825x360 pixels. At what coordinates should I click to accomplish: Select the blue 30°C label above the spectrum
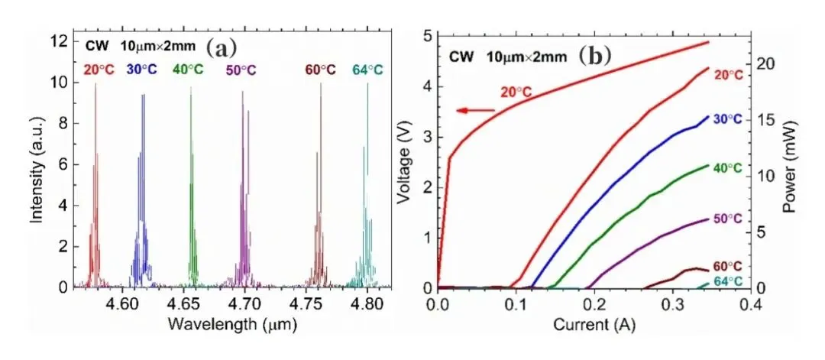[142, 70]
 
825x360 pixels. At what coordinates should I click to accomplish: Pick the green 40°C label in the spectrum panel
[188, 70]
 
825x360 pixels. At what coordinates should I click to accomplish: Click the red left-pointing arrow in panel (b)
[474, 111]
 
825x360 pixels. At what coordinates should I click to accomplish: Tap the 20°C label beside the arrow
[516, 92]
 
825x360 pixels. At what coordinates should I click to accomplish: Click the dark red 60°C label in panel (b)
[726, 267]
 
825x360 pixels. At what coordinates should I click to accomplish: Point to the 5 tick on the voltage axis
[427, 36]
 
